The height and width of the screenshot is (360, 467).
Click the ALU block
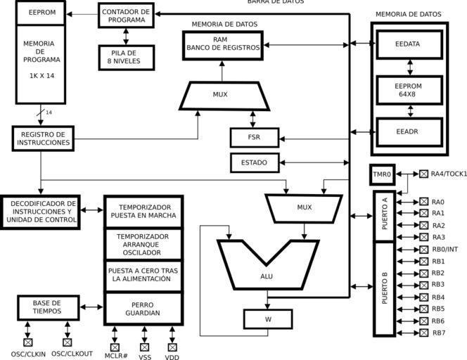tap(267, 276)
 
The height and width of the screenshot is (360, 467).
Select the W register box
tap(267, 319)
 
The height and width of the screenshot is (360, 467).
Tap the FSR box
tap(255, 137)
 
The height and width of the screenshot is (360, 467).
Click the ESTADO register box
tap(255, 162)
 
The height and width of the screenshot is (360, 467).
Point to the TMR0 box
tap(382, 174)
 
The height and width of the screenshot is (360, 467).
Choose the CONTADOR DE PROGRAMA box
tap(126, 15)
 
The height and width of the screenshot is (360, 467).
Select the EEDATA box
tap(409, 44)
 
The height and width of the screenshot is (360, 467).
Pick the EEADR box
tap(409, 131)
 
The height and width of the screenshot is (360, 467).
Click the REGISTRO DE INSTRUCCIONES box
tap(43, 138)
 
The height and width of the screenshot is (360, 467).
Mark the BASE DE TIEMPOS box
tap(47, 307)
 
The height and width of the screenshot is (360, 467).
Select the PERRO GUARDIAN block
tap(143, 308)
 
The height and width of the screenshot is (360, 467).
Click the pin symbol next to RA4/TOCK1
tap(423, 174)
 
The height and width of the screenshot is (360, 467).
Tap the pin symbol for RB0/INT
tap(423, 249)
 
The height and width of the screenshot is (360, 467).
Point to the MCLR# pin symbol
tap(115, 347)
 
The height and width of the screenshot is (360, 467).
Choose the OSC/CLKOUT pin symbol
tap(68, 342)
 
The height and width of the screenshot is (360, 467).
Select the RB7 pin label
tap(438, 333)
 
